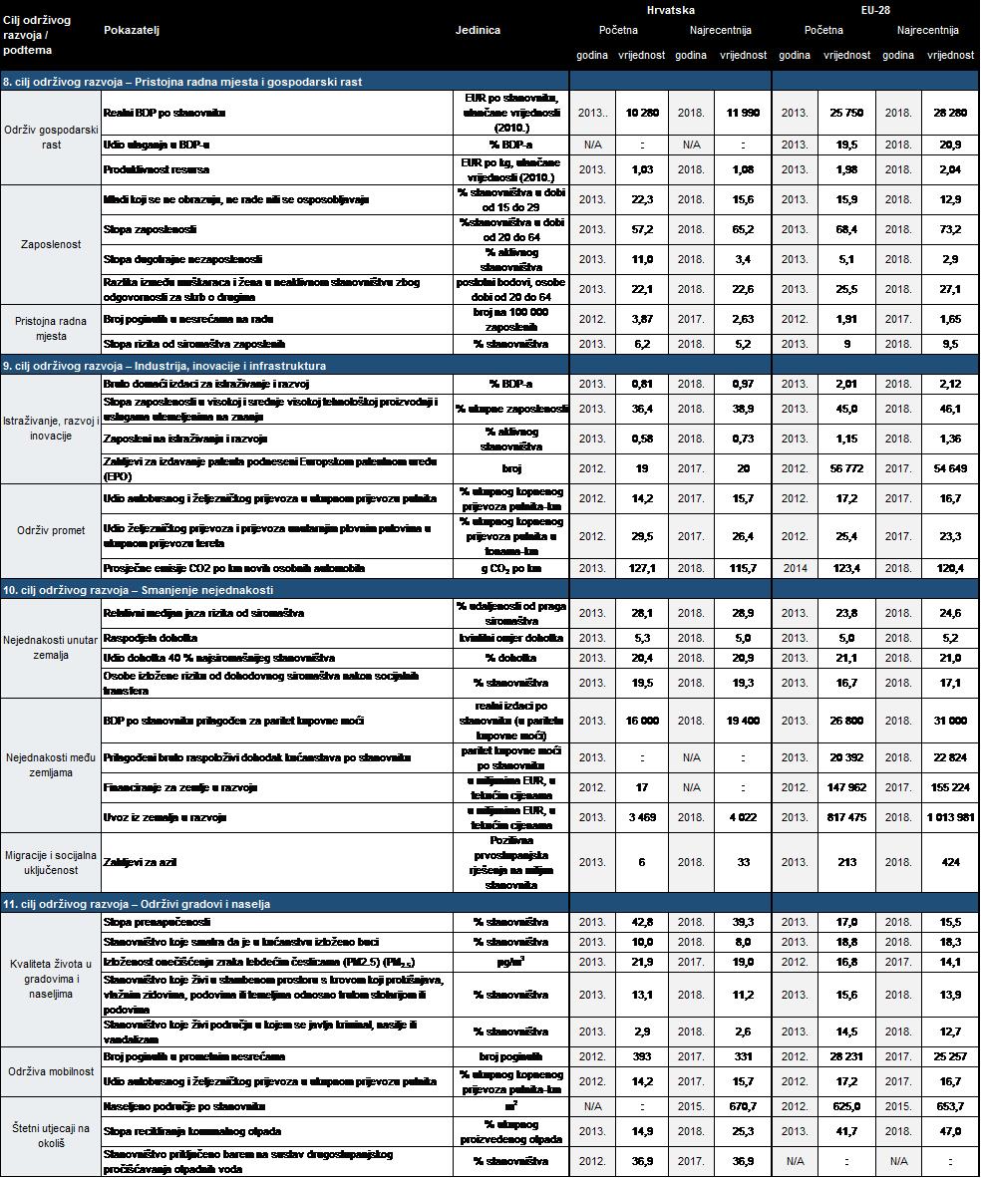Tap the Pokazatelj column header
click(132, 31)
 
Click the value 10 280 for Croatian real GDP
click(642, 114)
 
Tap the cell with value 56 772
click(846, 467)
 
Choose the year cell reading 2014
click(794, 568)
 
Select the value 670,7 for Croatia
click(744, 1106)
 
